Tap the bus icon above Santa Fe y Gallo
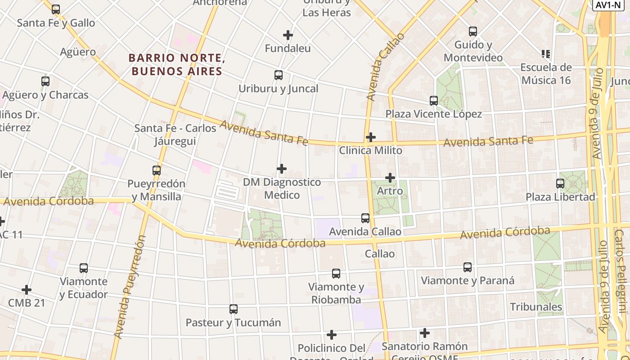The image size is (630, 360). (56, 9)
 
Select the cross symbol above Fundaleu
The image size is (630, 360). (288, 35)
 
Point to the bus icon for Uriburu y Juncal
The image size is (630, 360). (279, 75)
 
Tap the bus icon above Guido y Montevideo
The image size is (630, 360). (472, 31)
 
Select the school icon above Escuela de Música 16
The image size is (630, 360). (546, 54)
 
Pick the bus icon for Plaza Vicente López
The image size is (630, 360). (433, 101)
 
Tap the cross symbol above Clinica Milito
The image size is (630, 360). (370, 137)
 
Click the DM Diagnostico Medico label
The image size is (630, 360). (282, 188)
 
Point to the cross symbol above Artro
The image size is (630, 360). (390, 178)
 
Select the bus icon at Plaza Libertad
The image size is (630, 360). (560, 184)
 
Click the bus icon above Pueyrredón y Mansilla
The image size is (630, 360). (156, 171)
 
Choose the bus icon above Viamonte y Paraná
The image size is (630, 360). (468, 267)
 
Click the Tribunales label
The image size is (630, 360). (536, 307)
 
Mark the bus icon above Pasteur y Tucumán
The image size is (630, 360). (233, 309)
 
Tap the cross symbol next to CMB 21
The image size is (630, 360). (27, 289)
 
